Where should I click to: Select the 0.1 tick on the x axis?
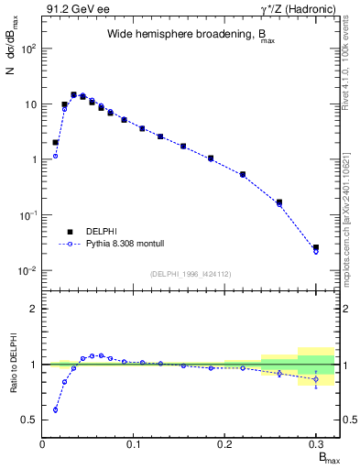pos(134,445)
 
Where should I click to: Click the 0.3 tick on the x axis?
pos(316,445)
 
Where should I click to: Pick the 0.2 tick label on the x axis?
pos(224,445)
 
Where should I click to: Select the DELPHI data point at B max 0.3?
pos(316,247)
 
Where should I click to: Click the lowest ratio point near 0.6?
pos(55,409)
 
